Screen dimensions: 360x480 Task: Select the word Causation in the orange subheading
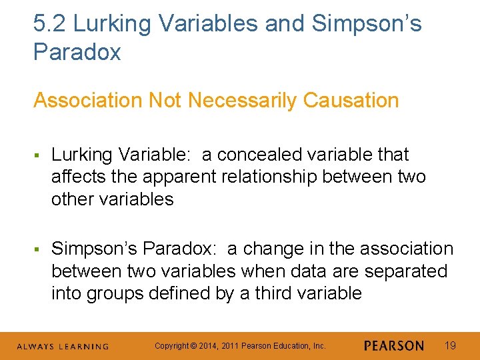(x=351, y=101)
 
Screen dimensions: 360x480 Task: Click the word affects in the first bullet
(x=75, y=177)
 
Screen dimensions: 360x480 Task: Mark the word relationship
(x=289, y=177)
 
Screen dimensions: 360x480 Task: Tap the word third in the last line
(x=279, y=293)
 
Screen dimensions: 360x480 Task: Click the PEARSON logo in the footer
(x=394, y=345)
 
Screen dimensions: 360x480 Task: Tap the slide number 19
(x=450, y=345)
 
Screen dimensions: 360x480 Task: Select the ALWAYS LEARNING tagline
(x=63, y=346)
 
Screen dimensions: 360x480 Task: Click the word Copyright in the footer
(x=169, y=346)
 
